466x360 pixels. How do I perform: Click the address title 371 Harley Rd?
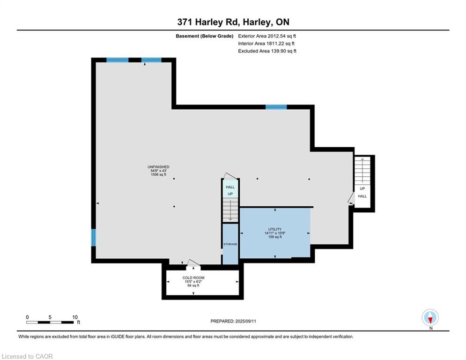coord(233,22)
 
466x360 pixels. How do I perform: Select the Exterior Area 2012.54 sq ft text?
coord(267,36)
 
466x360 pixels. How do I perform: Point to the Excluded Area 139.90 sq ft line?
coord(267,51)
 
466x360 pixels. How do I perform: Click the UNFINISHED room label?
coord(158,167)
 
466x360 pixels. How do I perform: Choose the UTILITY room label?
coord(274,229)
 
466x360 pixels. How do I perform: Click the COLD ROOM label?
coord(193,277)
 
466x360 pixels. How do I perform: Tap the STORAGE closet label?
coord(230,244)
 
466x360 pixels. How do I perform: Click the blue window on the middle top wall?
coord(276,107)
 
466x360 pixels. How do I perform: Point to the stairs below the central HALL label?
coord(230,210)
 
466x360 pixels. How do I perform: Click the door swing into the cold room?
coord(192,263)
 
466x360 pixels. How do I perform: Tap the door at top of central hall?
coord(229,175)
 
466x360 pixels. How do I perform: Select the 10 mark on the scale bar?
coord(75,317)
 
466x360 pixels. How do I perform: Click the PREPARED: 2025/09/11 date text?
coord(233,321)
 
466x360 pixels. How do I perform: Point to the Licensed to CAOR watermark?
coord(27,356)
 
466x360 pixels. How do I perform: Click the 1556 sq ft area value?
coord(158,174)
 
